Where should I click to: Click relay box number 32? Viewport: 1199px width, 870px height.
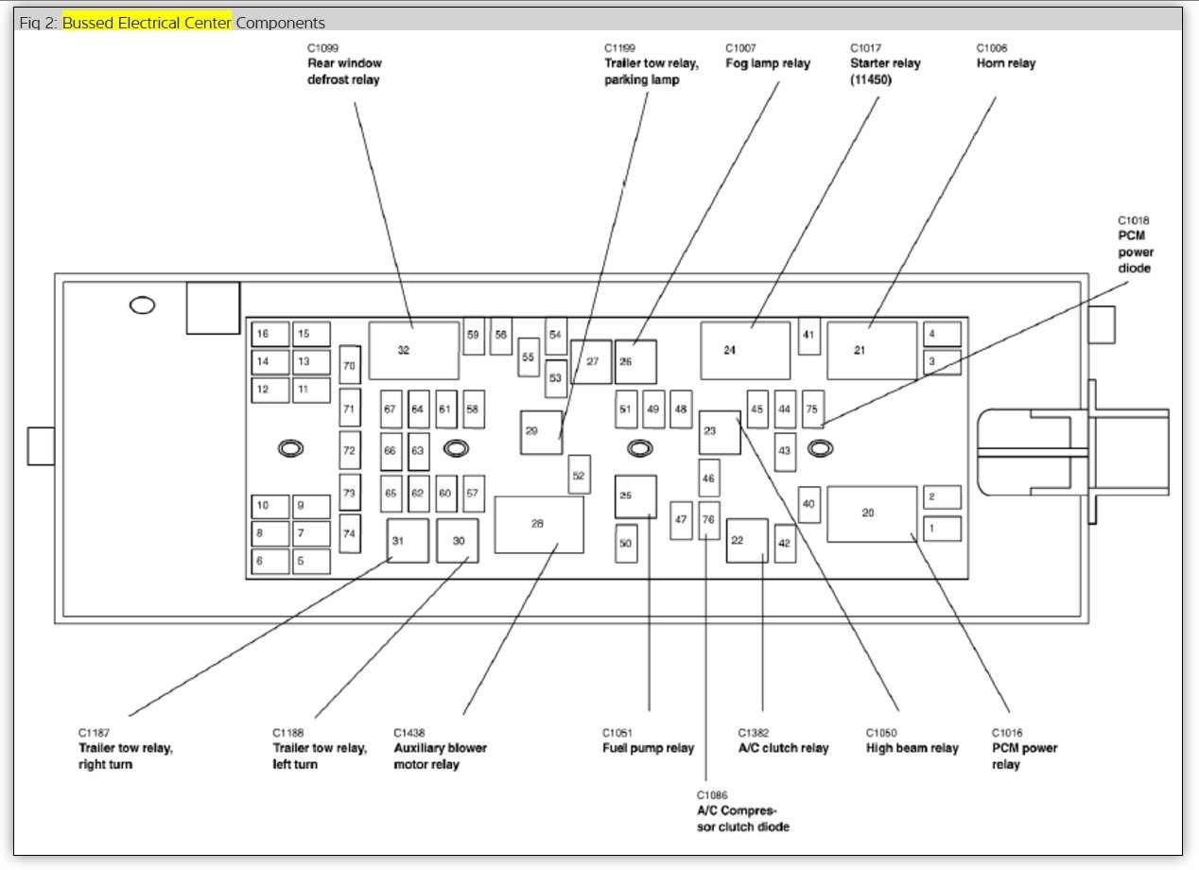coord(413,350)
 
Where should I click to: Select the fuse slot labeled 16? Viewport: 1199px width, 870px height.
coord(269,334)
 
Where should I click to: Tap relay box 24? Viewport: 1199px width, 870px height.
coord(745,350)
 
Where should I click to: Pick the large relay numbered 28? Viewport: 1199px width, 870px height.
coord(538,524)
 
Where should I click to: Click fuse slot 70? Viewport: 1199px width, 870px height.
coord(350,365)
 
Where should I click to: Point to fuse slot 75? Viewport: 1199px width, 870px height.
coord(812,409)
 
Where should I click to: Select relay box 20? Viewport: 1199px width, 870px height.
coord(872,513)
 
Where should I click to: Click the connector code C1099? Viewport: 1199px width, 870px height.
coord(322,48)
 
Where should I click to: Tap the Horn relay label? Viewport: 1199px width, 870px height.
coord(1006,63)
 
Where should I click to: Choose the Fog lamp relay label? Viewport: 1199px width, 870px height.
coord(768,63)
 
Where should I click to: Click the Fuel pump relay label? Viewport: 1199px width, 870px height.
coord(649,748)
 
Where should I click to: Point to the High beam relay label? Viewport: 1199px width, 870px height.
coord(912,748)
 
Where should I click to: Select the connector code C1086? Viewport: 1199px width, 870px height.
coord(712,795)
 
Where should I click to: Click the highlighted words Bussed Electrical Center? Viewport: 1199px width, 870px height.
coord(147,23)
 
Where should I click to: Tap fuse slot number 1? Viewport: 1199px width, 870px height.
coord(942,529)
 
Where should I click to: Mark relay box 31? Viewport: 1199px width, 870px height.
coord(408,541)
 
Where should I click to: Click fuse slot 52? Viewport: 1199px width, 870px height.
coord(579,475)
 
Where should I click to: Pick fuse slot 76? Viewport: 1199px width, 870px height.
coord(708,520)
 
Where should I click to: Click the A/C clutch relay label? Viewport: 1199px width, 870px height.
coord(783,748)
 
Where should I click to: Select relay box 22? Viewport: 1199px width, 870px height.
coord(747,541)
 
